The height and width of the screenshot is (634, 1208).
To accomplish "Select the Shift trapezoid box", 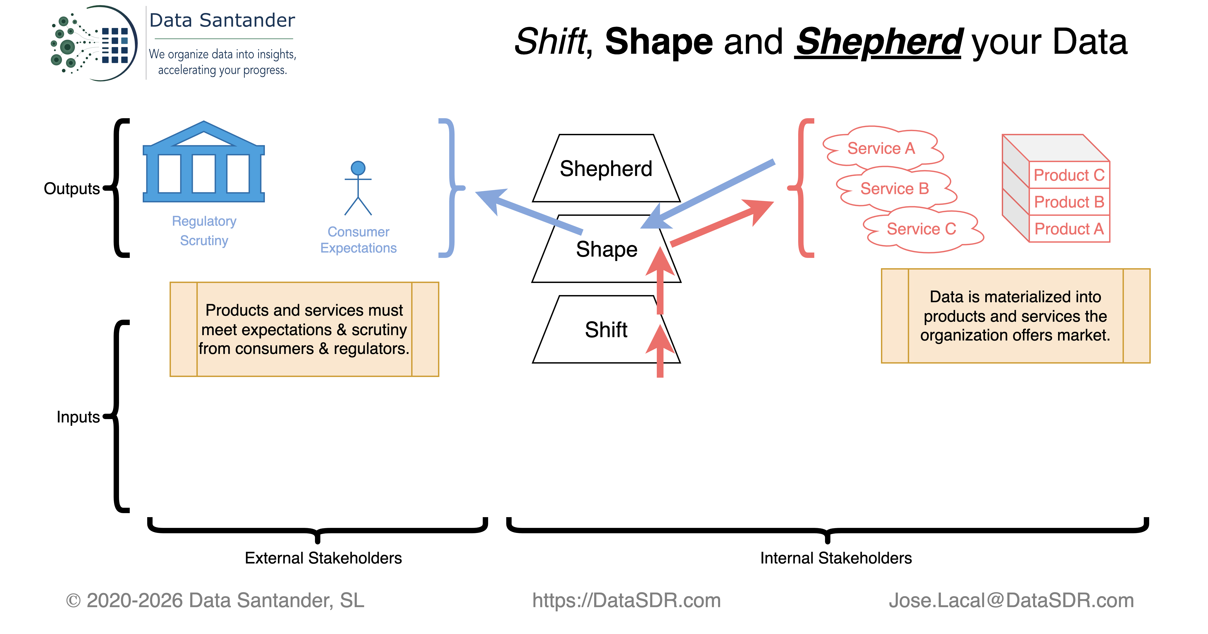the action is (606, 330).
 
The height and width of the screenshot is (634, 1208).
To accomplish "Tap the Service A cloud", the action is (882, 148).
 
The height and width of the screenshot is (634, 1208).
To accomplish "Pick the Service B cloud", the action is (895, 189).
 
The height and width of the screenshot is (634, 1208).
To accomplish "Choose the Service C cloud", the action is (921, 229).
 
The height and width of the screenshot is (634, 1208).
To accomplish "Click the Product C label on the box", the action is (1069, 175).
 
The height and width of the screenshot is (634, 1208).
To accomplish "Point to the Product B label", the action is (1069, 202).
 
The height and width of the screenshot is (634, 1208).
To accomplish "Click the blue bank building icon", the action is (204, 162).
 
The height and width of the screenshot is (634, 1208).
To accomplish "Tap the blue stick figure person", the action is (358, 188).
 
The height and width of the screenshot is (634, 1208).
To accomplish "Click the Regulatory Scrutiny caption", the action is (204, 230).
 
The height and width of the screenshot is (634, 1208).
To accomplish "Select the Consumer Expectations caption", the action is (358, 240).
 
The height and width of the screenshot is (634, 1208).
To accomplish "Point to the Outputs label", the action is (72, 189).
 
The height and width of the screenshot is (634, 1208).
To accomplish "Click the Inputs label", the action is (78, 417).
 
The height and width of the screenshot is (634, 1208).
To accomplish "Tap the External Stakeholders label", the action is (323, 558).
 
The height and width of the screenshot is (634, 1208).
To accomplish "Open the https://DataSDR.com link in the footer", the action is (627, 601).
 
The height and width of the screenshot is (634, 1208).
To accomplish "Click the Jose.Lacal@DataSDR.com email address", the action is (1012, 601).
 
